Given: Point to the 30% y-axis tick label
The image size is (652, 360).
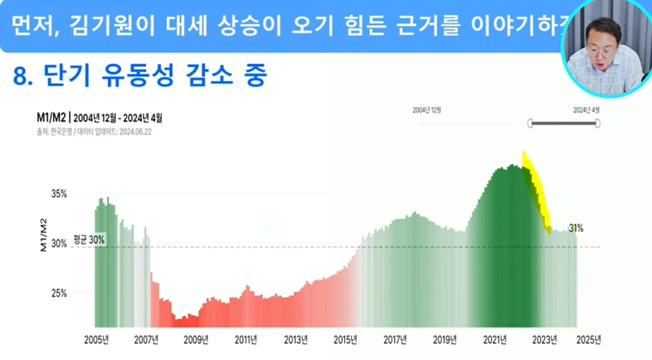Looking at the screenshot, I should (x=57, y=244).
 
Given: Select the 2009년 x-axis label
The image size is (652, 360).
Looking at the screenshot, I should (x=197, y=340).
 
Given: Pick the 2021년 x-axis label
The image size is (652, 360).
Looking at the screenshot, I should (x=494, y=340).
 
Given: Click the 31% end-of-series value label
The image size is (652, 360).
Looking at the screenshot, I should (x=575, y=228).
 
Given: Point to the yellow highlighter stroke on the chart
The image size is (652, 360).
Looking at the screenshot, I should (x=536, y=190).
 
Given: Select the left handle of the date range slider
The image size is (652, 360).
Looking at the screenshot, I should (x=531, y=124).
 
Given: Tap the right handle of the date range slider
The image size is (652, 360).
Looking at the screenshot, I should (x=597, y=124).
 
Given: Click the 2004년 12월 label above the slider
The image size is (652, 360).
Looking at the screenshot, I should (x=427, y=110).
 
